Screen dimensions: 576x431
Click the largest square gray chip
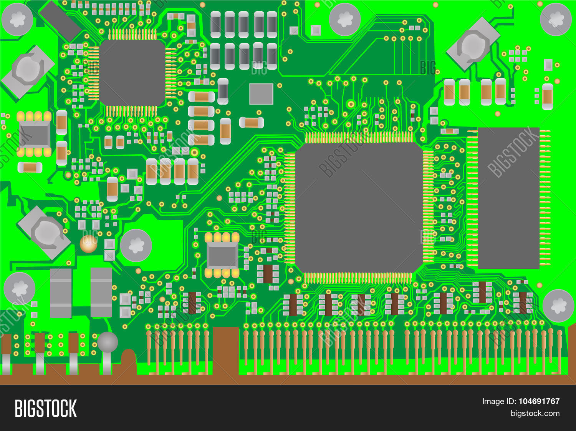coord(359,208)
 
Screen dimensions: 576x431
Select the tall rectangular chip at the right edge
coord(508,198)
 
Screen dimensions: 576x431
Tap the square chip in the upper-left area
coord(132,73)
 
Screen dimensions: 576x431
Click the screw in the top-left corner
coord(17,20)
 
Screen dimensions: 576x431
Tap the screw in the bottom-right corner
coord(558,306)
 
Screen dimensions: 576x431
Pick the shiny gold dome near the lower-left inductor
coord(88,244)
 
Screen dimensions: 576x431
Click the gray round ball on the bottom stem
coord(108,342)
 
